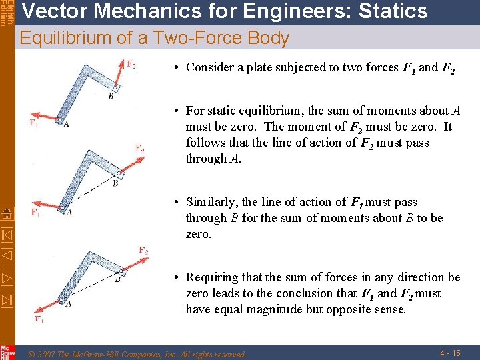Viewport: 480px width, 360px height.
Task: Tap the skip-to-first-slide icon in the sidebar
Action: pyautogui.click(x=7, y=235)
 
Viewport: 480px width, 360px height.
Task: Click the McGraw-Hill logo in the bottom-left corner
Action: pyautogui.click(x=7, y=352)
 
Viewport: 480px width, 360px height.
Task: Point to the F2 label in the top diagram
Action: pyautogui.click(x=132, y=65)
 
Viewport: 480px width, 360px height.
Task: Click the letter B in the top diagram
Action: pyautogui.click(x=111, y=97)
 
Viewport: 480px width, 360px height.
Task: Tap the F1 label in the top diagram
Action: pyautogui.click(x=33, y=123)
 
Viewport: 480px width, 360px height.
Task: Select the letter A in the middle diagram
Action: pyautogui.click(x=69, y=213)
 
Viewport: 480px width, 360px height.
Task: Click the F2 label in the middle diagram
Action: pyautogui.click(x=139, y=149)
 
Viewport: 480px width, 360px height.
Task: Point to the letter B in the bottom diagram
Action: pyautogui.click(x=117, y=280)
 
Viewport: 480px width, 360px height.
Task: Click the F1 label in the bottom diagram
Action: pyautogui.click(x=39, y=319)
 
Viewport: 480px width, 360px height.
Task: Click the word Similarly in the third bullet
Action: pyautogui.click(x=211, y=202)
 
